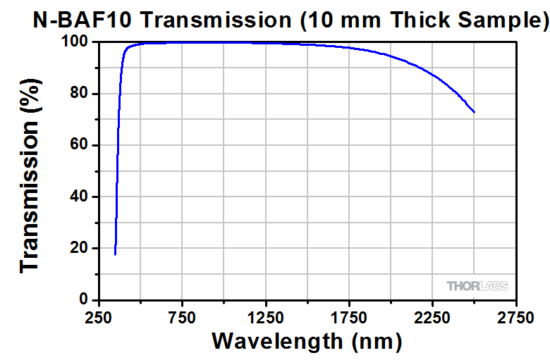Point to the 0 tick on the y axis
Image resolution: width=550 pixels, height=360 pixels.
click(x=83, y=300)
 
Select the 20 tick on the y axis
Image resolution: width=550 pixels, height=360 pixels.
click(x=79, y=249)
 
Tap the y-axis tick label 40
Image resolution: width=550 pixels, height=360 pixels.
click(x=79, y=197)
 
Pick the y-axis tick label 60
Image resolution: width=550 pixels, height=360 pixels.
click(x=79, y=146)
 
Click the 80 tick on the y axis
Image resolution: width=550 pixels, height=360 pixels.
click(x=79, y=94)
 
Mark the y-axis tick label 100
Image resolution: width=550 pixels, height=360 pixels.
click(x=75, y=42)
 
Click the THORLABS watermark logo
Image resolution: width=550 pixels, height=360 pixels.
click(x=477, y=285)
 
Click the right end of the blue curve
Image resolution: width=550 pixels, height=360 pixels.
click(x=475, y=112)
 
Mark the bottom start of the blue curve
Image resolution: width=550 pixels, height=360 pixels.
click(x=115, y=254)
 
